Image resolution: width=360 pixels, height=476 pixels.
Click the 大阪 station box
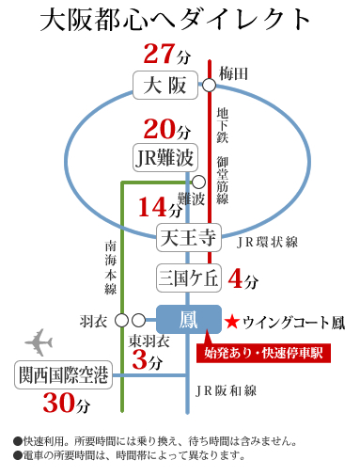coord(166,87)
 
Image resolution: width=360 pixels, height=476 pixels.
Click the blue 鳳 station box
coord(188,320)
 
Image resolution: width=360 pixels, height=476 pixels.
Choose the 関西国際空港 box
coord(63,375)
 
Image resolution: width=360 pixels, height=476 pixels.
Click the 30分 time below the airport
coord(67,405)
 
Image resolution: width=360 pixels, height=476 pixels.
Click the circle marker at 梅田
coord(208,85)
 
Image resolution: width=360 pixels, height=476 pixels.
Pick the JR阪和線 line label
coord(226,388)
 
